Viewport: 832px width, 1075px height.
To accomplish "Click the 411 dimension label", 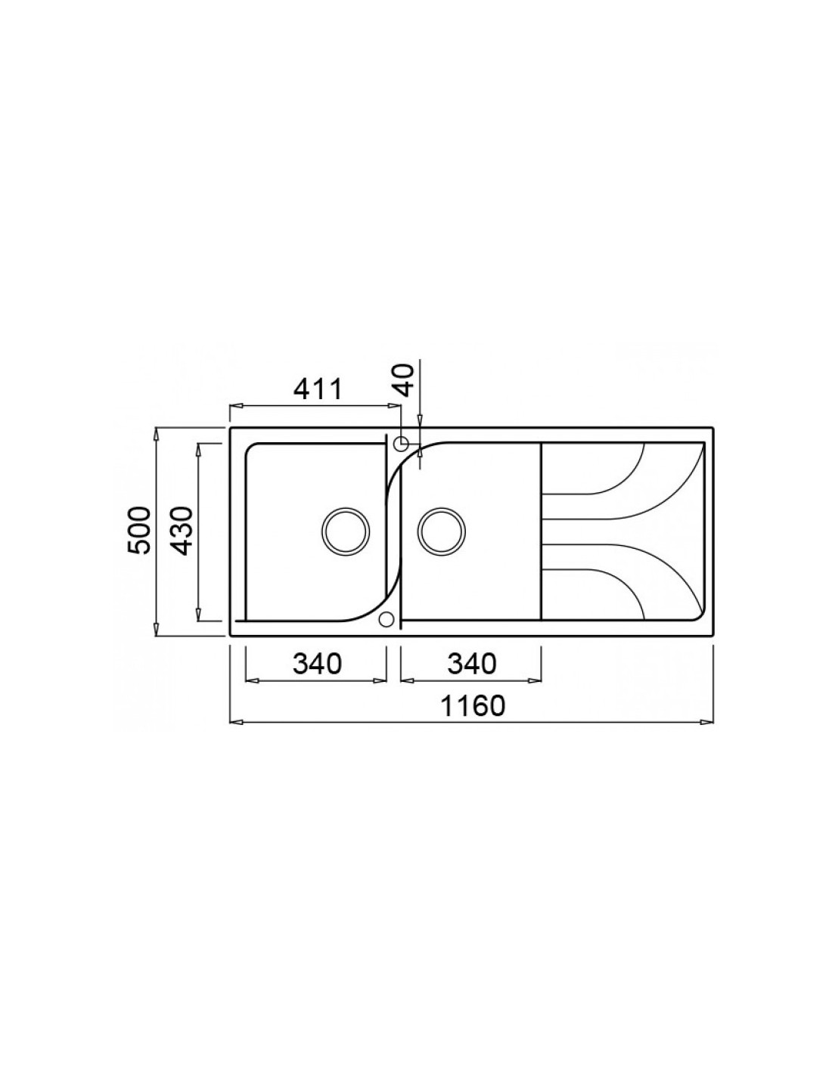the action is (318, 389).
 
